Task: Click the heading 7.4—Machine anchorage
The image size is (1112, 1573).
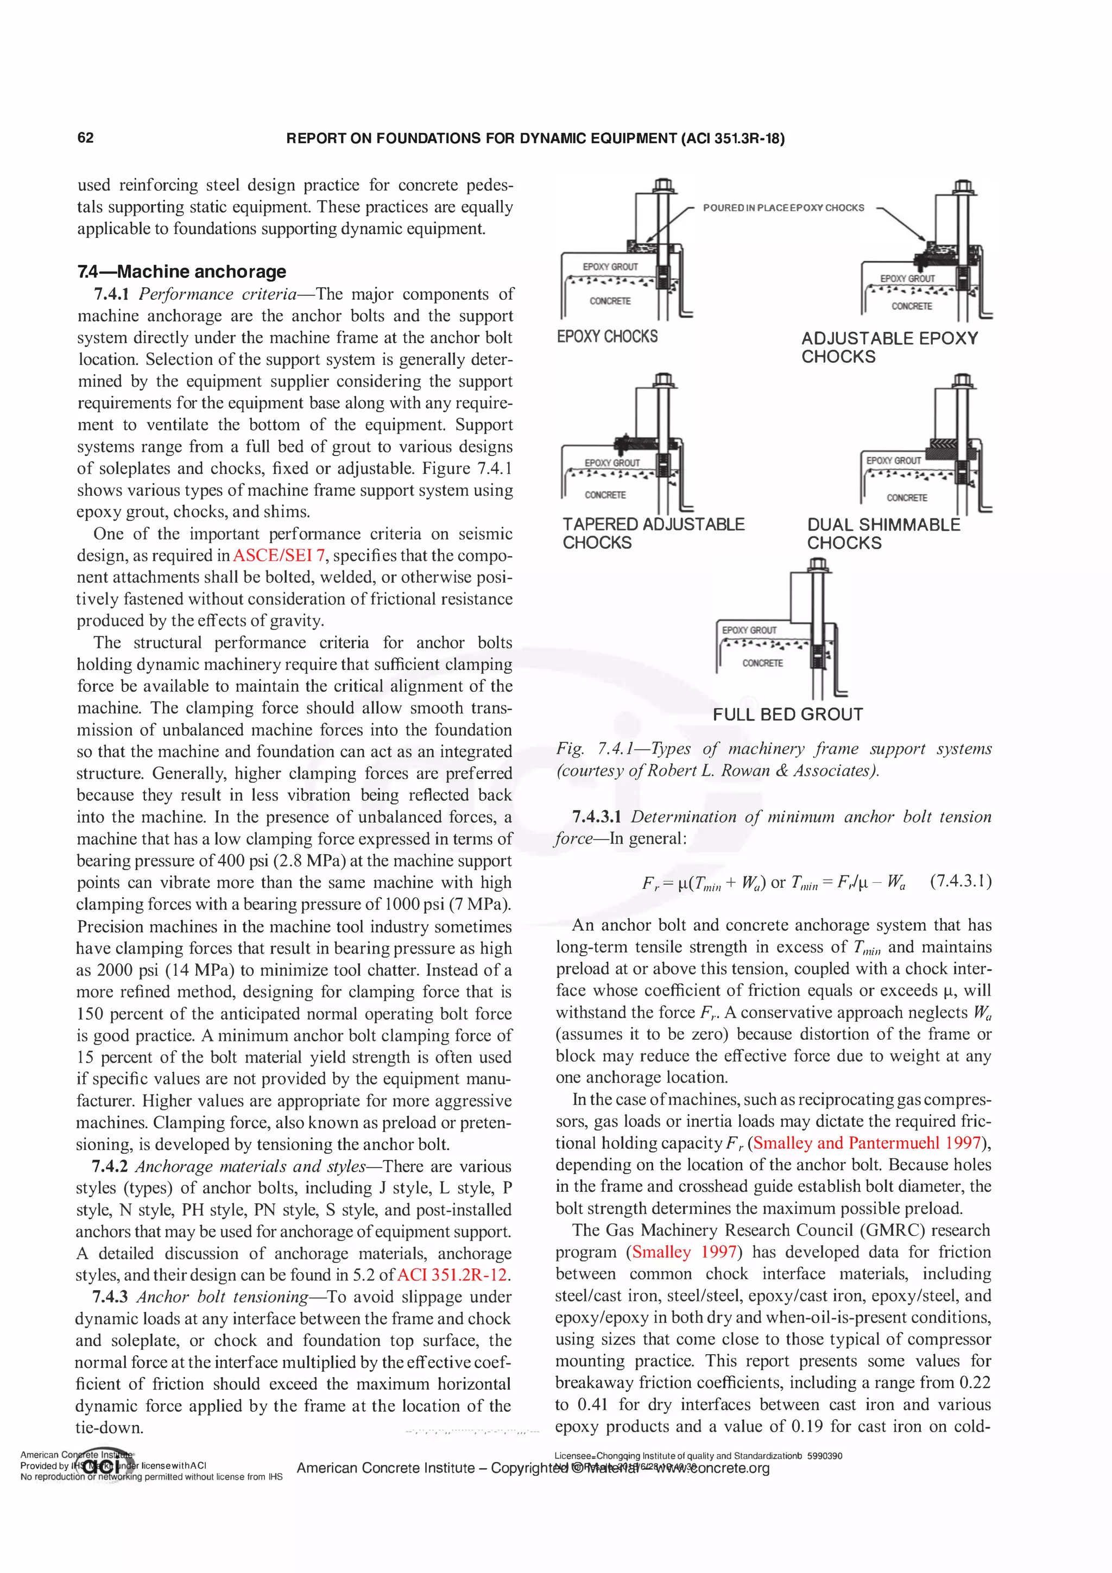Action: click(x=181, y=271)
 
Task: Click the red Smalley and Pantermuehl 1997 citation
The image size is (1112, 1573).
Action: click(x=867, y=1143)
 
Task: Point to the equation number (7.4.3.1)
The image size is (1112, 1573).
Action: click(x=961, y=881)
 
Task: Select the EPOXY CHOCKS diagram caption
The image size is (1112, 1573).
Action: click(x=607, y=337)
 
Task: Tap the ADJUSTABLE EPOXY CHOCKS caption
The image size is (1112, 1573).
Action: click(x=889, y=348)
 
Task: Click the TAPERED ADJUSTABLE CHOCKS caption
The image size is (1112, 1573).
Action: click(x=653, y=533)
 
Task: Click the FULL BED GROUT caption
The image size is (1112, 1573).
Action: click(x=787, y=715)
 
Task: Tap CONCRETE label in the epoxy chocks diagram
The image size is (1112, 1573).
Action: click(x=610, y=301)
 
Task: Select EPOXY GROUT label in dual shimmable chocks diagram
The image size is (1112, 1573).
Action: click(x=893, y=460)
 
